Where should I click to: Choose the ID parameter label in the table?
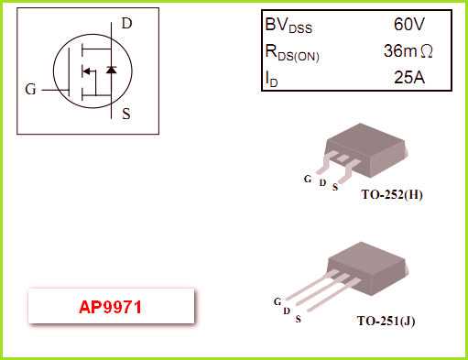click(272, 80)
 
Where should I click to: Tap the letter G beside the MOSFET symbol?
click(31, 90)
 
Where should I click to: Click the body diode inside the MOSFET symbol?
click(111, 70)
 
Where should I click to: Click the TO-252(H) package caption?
click(391, 194)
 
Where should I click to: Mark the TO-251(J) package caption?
click(386, 322)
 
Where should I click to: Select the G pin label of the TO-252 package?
click(308, 178)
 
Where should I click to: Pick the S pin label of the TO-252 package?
click(335, 187)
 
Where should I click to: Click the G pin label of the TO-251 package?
click(277, 301)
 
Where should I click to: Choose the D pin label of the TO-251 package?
click(287, 311)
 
